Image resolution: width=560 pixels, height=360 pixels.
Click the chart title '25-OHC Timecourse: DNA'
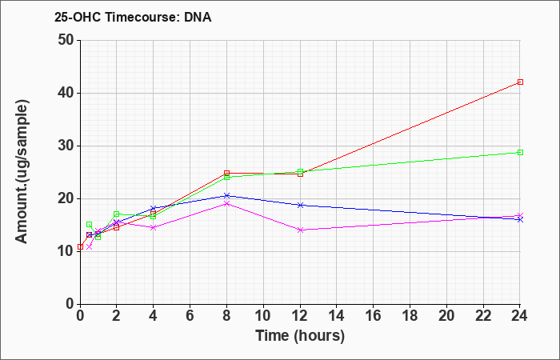(133, 17)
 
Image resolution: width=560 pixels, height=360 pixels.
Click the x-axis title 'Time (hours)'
(300, 336)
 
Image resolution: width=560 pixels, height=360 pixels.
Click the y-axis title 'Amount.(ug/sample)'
(22, 172)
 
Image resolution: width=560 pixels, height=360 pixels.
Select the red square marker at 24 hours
(520, 82)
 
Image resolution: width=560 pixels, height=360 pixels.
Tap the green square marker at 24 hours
(520, 153)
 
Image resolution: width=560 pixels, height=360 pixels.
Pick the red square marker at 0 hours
(80, 246)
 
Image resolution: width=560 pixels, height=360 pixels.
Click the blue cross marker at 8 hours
(226, 196)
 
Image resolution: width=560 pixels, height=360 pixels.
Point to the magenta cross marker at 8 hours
(226, 203)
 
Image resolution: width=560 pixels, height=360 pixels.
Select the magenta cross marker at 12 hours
(300, 230)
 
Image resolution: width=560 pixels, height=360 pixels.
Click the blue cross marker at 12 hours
(300, 205)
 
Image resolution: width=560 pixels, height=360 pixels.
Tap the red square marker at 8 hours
(226, 174)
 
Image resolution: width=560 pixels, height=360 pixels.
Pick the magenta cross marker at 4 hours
(154, 227)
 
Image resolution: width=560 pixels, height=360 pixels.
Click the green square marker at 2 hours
(117, 214)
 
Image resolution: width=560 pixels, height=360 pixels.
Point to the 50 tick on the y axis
(78, 40)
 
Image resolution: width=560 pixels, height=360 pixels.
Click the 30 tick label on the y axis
(66, 146)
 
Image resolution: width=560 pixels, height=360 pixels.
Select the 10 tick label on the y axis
(66, 251)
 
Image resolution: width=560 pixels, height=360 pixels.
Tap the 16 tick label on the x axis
(374, 316)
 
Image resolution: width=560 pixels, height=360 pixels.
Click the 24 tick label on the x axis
(519, 316)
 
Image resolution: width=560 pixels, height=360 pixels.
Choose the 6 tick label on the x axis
(190, 316)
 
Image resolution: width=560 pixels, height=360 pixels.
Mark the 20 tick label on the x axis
(446, 316)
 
